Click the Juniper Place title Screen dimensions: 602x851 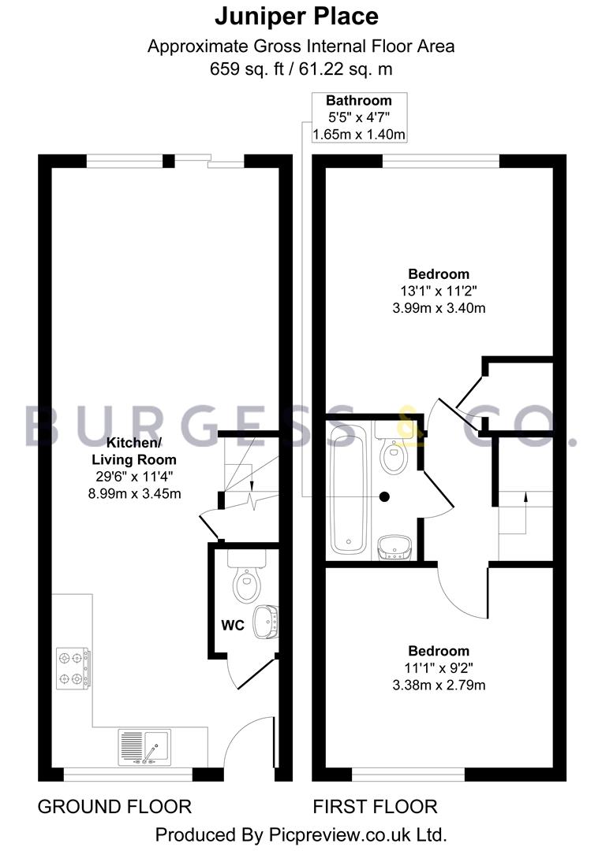(297, 17)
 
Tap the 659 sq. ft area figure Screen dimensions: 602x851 (247, 69)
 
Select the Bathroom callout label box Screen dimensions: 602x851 (359, 117)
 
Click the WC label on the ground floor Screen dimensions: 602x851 (233, 625)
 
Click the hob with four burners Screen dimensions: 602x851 (73, 669)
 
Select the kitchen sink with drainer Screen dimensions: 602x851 (144, 747)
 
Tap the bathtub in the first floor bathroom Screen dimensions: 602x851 (348, 489)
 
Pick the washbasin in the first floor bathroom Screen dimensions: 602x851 (395, 547)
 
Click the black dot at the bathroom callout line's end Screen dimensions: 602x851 (385, 496)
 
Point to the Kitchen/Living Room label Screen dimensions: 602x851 (134, 451)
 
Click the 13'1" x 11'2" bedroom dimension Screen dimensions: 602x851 (439, 292)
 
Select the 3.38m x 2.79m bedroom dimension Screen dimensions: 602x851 (439, 685)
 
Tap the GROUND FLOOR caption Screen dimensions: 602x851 (114, 807)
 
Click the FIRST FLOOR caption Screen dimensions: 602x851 (375, 807)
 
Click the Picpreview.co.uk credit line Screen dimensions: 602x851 (301, 834)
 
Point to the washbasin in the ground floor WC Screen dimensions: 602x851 (266, 622)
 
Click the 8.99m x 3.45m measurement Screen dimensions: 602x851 (134, 494)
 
